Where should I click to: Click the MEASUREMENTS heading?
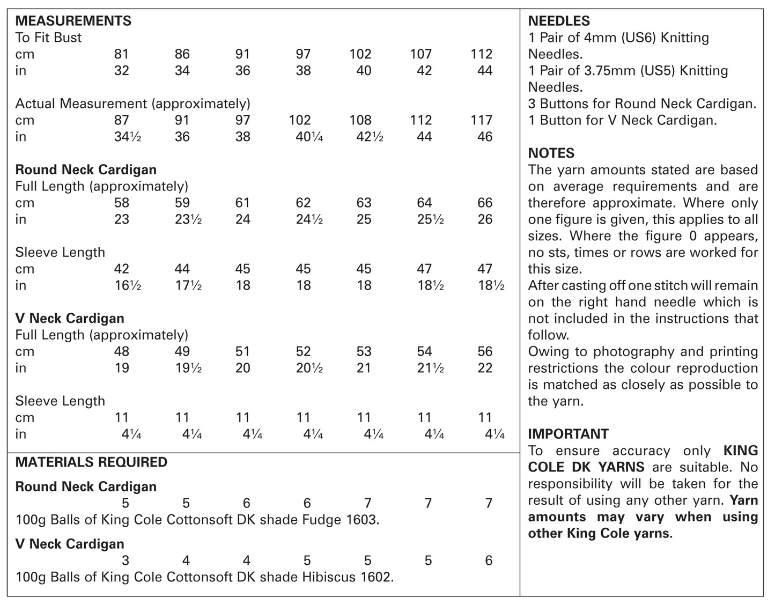click(x=73, y=21)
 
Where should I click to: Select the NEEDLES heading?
click(x=559, y=21)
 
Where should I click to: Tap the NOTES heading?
click(x=551, y=153)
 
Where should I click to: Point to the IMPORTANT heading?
click(x=568, y=434)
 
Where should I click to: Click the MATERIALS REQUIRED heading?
click(x=91, y=462)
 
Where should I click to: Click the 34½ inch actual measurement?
click(x=127, y=137)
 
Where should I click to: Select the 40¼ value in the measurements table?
click(x=309, y=137)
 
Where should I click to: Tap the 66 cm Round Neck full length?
click(x=484, y=203)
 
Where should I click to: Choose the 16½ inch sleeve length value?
click(x=127, y=285)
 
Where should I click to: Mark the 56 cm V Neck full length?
click(x=484, y=351)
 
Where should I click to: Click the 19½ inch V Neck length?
click(x=188, y=368)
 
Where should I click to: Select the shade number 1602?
click(x=375, y=577)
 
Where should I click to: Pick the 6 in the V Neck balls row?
click(x=488, y=560)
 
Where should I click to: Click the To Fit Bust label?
click(x=48, y=38)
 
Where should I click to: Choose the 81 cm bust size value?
click(x=121, y=54)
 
